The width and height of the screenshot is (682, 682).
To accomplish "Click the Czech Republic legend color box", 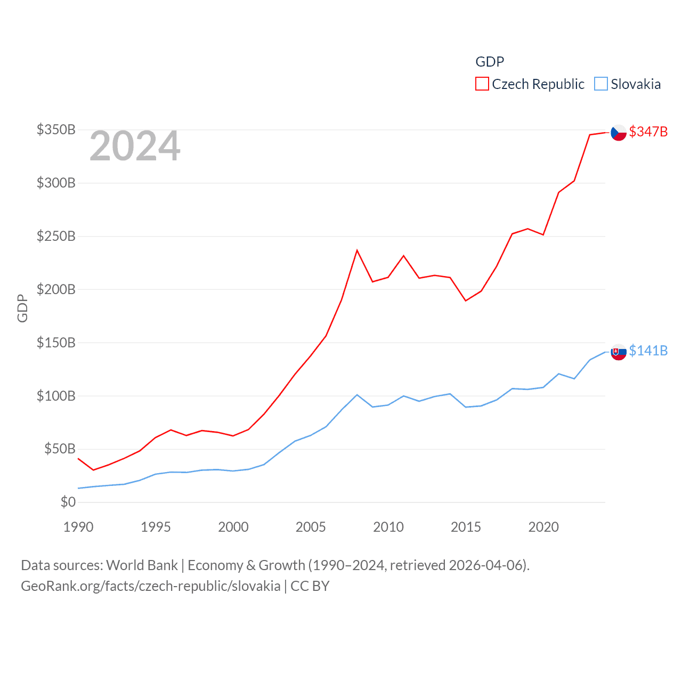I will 482,84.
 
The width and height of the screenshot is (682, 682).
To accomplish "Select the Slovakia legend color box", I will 601,84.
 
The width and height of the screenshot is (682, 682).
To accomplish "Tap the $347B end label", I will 648,132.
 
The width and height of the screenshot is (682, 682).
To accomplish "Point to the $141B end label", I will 648,351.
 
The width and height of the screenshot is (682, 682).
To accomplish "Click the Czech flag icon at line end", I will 619,133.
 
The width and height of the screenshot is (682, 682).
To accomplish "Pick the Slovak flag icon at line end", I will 619,352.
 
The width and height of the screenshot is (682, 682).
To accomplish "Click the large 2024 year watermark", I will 135,146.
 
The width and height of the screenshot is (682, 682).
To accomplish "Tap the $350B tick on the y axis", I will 56,129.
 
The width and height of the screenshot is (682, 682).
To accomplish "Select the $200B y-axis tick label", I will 56,289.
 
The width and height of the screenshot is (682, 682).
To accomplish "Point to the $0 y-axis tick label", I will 68,502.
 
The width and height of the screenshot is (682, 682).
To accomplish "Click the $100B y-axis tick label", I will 56,396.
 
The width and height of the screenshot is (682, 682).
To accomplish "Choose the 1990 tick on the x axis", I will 78,527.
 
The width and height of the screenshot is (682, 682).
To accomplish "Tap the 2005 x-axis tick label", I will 311,527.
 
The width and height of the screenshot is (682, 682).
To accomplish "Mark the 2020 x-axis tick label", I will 543,527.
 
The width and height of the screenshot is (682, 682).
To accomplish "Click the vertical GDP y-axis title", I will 22,308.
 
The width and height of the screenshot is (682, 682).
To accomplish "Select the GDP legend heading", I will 490,62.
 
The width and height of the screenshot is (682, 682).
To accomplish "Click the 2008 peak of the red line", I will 357,250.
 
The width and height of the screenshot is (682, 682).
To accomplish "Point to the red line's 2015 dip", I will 466,301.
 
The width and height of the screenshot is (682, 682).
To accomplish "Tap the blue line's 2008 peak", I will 357,395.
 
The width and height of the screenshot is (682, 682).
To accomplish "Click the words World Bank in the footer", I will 142,565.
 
